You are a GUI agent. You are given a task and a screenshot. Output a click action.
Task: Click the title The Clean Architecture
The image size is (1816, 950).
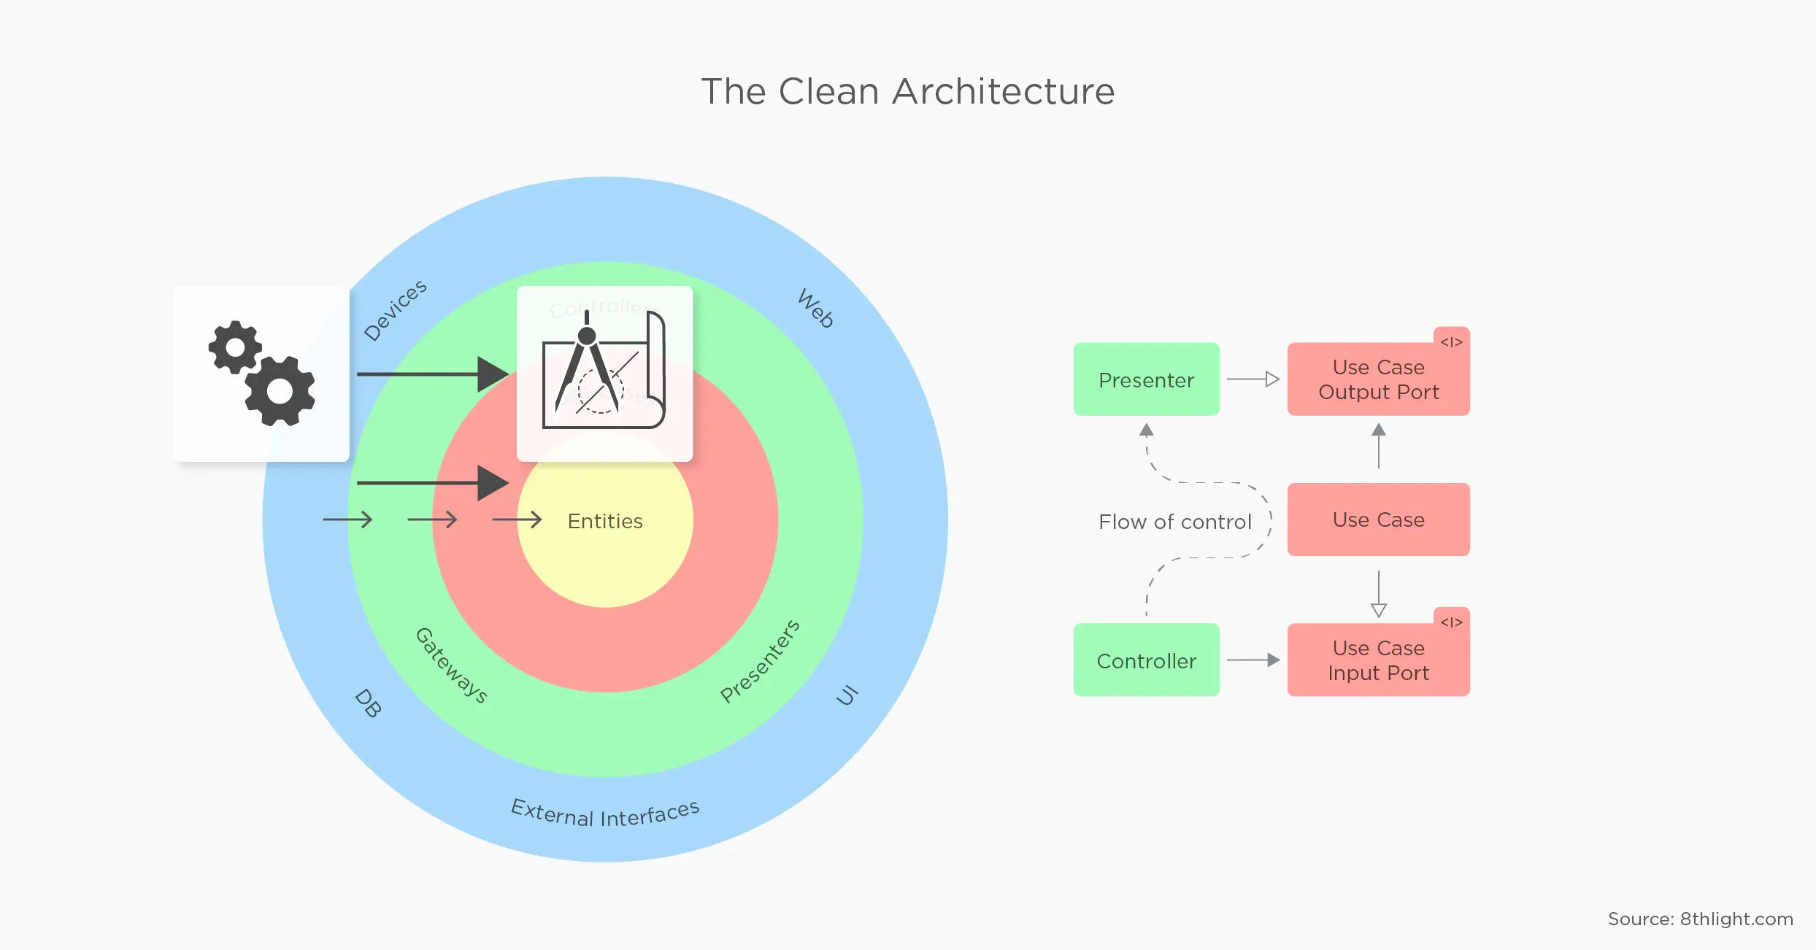coord(908,92)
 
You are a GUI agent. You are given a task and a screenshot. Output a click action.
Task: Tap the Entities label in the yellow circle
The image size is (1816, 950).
coord(605,521)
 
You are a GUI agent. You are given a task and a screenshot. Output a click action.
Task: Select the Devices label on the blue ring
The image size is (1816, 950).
coord(395,310)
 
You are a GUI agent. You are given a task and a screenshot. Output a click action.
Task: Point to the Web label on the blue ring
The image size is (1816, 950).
coord(816,308)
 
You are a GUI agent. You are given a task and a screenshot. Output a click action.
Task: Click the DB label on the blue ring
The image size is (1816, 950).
coord(368,703)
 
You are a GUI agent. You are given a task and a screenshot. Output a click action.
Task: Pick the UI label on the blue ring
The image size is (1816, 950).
coord(847,695)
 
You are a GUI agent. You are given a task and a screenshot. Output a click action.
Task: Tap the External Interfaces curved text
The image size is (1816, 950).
coord(605,814)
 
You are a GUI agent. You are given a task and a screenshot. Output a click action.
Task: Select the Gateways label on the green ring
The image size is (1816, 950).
coord(451,665)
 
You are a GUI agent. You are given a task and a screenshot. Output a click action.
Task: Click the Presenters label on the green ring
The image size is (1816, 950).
coord(760,661)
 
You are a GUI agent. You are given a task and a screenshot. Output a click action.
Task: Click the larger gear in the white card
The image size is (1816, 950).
coord(280,391)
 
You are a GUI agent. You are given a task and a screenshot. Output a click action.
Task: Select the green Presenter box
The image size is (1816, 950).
coord(1146,379)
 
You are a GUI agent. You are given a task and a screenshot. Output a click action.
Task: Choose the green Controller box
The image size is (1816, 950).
coord(1146,660)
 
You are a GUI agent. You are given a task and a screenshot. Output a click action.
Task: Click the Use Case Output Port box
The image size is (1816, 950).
coord(1378,379)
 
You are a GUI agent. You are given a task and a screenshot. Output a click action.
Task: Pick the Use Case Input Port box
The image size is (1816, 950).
coord(1378,660)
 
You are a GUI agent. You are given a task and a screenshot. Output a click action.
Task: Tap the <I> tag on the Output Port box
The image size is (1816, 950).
coord(1451,341)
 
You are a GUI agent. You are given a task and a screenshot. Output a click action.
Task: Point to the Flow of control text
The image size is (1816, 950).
coord(1174,522)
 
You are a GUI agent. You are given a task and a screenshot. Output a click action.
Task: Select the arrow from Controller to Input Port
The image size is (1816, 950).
coord(1253,660)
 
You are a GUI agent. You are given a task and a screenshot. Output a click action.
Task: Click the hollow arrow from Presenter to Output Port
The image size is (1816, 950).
coord(1253,379)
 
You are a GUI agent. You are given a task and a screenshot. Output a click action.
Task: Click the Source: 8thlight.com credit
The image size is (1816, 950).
coord(1700,919)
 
